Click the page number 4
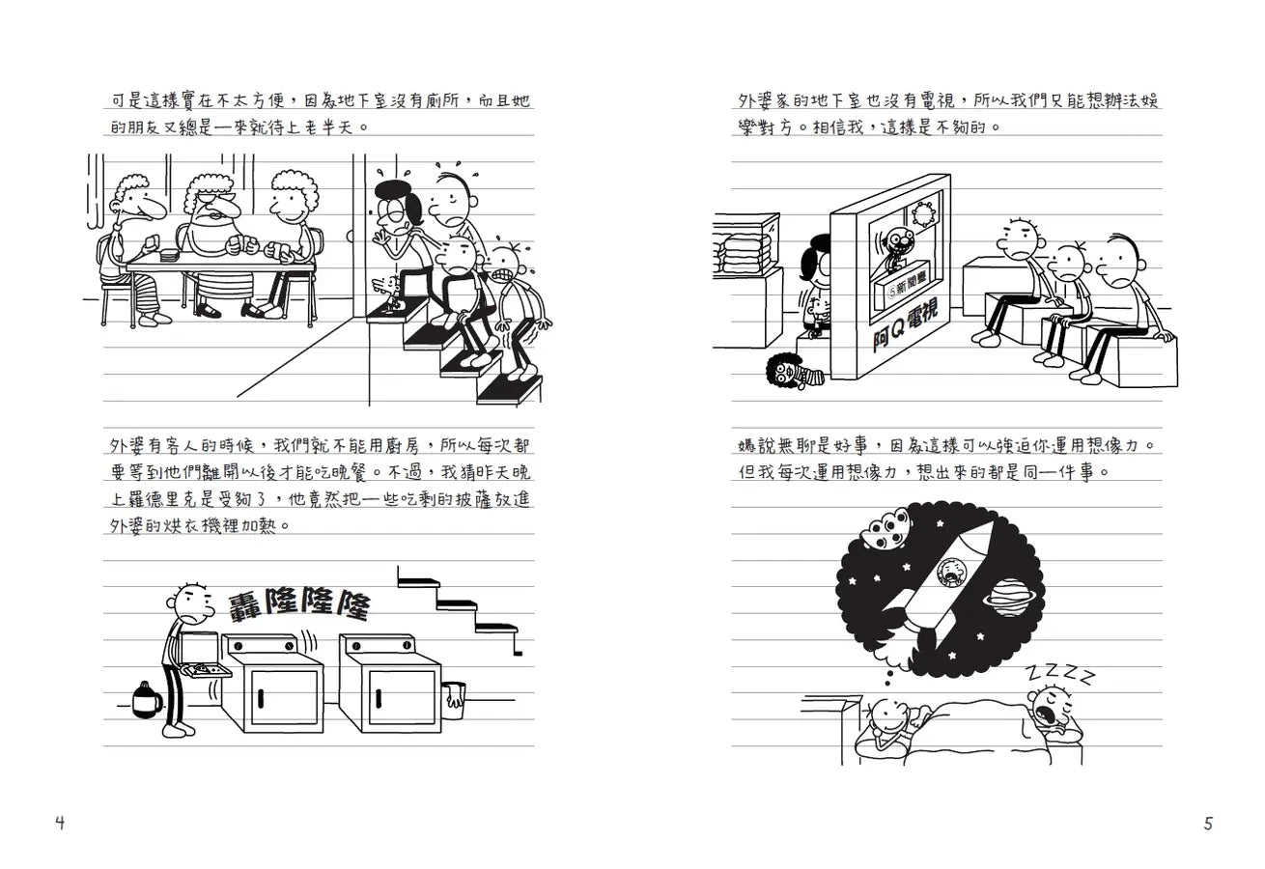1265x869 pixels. [60, 824]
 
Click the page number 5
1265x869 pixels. [1208, 824]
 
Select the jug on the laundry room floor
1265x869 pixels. [145, 700]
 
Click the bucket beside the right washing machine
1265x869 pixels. [453, 697]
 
